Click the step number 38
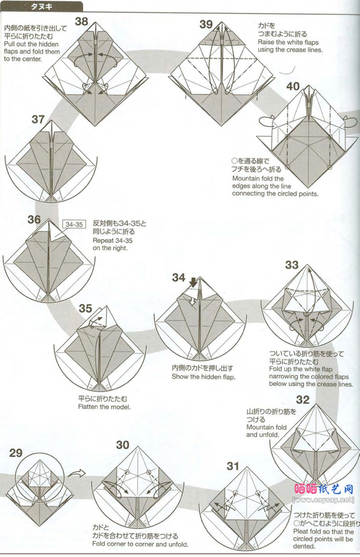(x=81, y=21)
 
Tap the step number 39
(x=206, y=24)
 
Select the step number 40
(x=293, y=86)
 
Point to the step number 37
(x=38, y=119)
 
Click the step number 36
(x=34, y=219)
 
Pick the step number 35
(x=85, y=308)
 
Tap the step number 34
(x=179, y=277)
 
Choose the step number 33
(x=291, y=265)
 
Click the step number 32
(x=303, y=400)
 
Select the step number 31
(x=233, y=466)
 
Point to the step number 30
(x=123, y=445)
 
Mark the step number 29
(x=16, y=453)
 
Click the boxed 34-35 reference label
(x=74, y=224)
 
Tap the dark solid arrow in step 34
(x=193, y=283)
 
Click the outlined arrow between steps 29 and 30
(x=77, y=473)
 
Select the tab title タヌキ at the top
(x=42, y=6)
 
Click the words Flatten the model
(x=105, y=407)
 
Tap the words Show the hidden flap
(x=204, y=377)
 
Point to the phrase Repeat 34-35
(x=113, y=240)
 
